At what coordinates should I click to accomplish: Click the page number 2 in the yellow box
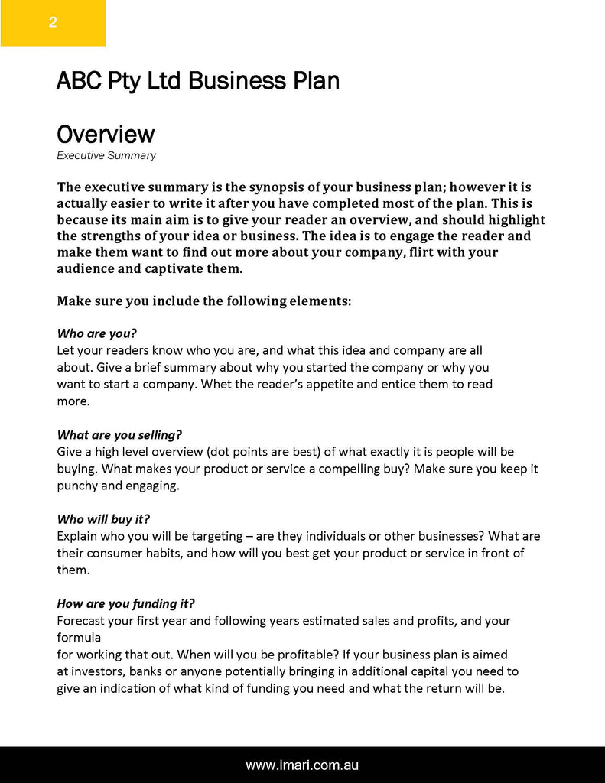[53, 22]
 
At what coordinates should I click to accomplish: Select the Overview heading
[106, 135]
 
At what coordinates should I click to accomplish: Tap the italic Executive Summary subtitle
[106, 155]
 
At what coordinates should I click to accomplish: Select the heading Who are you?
[96, 333]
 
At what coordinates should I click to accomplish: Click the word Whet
[217, 384]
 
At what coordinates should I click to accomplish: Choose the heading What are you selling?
[119, 435]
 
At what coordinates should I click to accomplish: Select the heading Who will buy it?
[103, 519]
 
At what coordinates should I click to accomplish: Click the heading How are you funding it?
[131, 603]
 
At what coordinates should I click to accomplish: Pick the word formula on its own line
[79, 638]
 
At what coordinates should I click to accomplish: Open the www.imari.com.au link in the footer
[302, 765]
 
